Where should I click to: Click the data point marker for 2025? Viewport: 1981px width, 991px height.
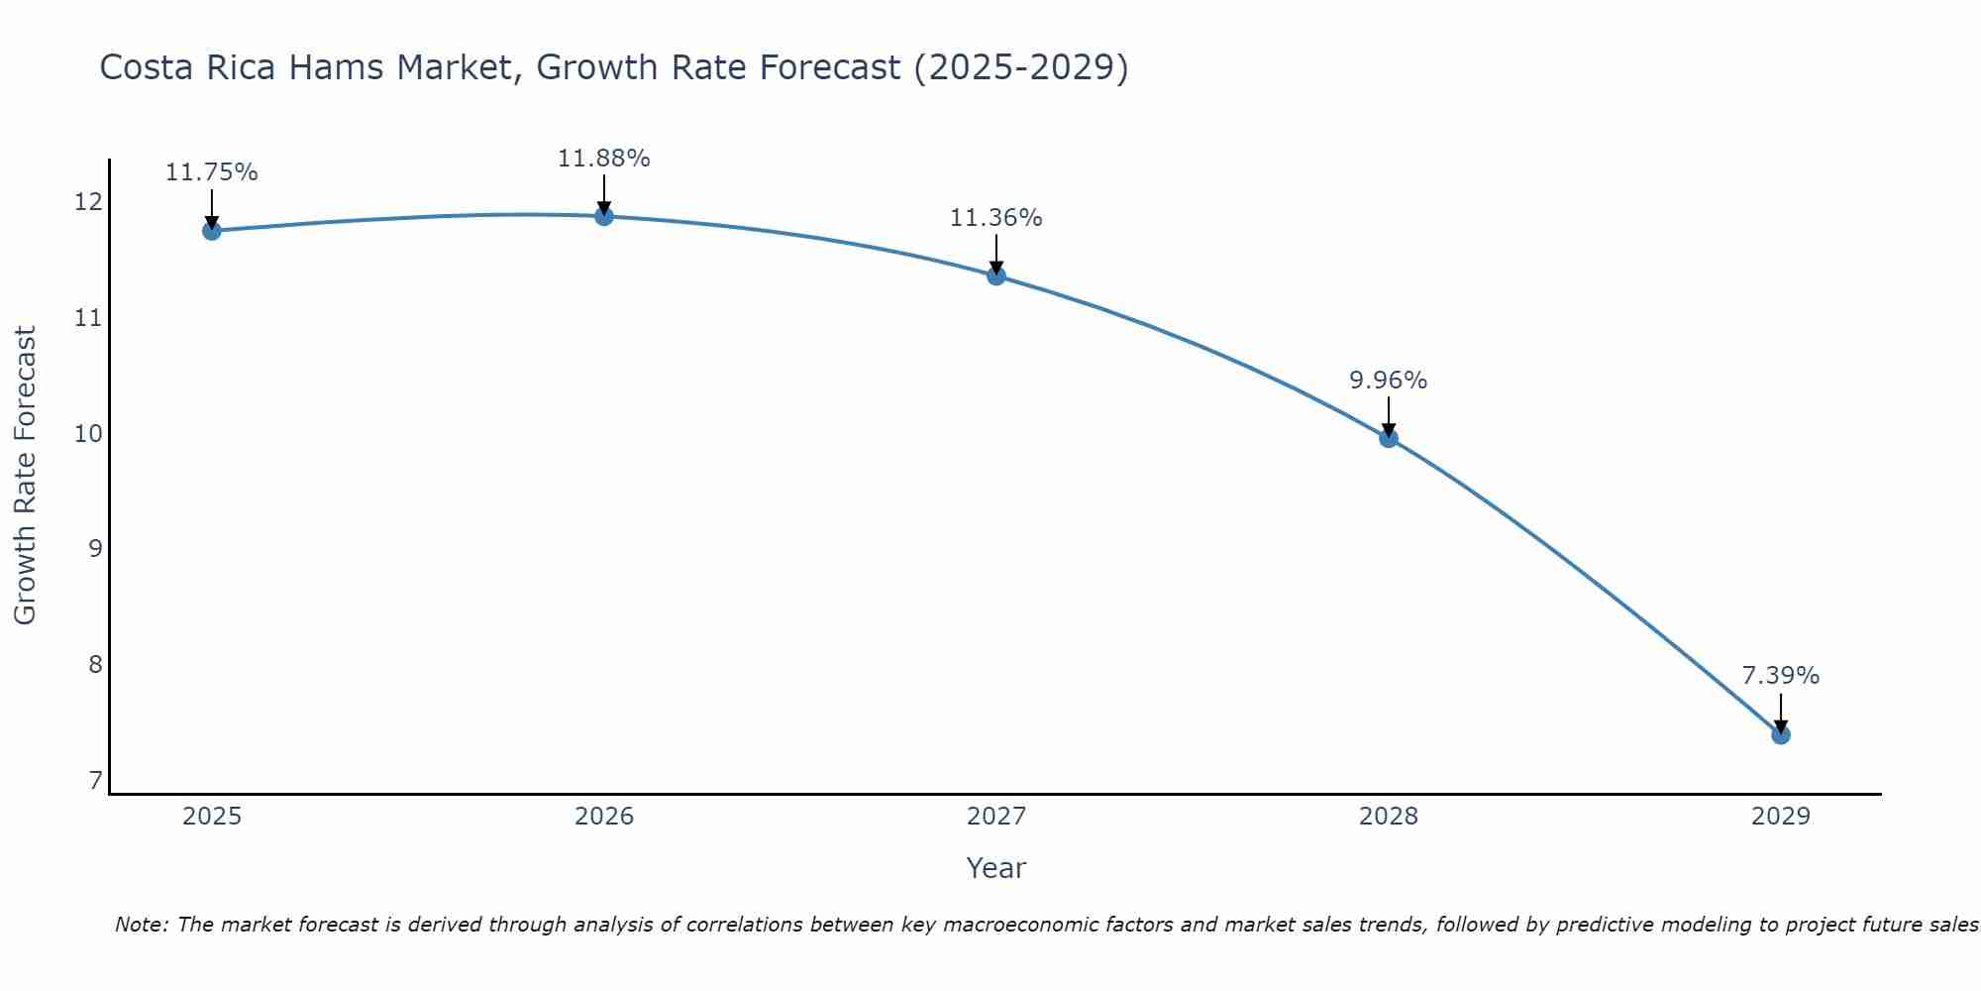click(211, 231)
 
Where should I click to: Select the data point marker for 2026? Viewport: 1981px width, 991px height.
click(604, 216)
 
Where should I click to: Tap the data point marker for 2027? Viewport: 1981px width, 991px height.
click(996, 275)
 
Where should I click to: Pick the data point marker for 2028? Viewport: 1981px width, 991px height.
click(1389, 438)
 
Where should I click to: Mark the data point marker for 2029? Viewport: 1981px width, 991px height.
click(1780, 734)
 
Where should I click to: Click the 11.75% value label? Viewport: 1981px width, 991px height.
click(211, 172)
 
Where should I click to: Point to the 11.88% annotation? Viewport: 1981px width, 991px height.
click(604, 159)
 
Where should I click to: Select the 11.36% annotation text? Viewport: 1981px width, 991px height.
click(996, 218)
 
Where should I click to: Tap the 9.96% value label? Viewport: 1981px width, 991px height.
click(1389, 381)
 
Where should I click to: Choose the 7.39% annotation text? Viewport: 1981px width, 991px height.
click(1780, 676)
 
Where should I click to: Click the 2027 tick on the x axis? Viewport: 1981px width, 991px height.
click(996, 817)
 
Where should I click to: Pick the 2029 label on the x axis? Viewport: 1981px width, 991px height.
click(1780, 817)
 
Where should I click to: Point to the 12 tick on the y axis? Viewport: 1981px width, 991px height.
click(89, 202)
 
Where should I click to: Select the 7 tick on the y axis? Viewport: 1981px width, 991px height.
click(95, 781)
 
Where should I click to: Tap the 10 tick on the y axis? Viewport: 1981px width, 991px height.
click(89, 434)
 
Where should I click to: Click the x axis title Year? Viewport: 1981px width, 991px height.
click(996, 868)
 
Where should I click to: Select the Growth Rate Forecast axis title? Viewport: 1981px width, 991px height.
click(26, 476)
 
